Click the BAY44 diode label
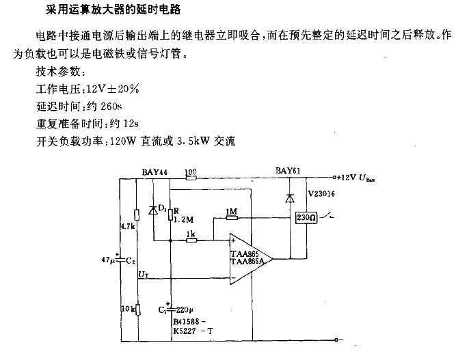pyautogui.click(x=154, y=172)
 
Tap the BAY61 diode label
pyautogui.click(x=288, y=171)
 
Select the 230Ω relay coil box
pyautogui.click(x=306, y=217)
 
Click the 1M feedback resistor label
pyautogui.click(x=231, y=212)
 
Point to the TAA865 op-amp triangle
pyautogui.click(x=250, y=259)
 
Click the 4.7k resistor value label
pyautogui.click(x=128, y=226)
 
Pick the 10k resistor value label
pyautogui.click(x=128, y=309)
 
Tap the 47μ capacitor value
pyautogui.click(x=108, y=260)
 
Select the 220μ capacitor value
pyautogui.click(x=185, y=310)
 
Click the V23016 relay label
pyautogui.click(x=321, y=193)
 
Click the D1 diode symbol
pyautogui.click(x=153, y=210)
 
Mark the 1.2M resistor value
pyautogui.click(x=183, y=220)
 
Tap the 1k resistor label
pyautogui.click(x=191, y=234)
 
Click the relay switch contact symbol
pyautogui.click(x=326, y=216)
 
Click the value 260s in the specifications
pyautogui.click(x=111, y=107)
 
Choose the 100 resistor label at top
pyautogui.click(x=191, y=172)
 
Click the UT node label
pyautogui.click(x=144, y=274)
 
